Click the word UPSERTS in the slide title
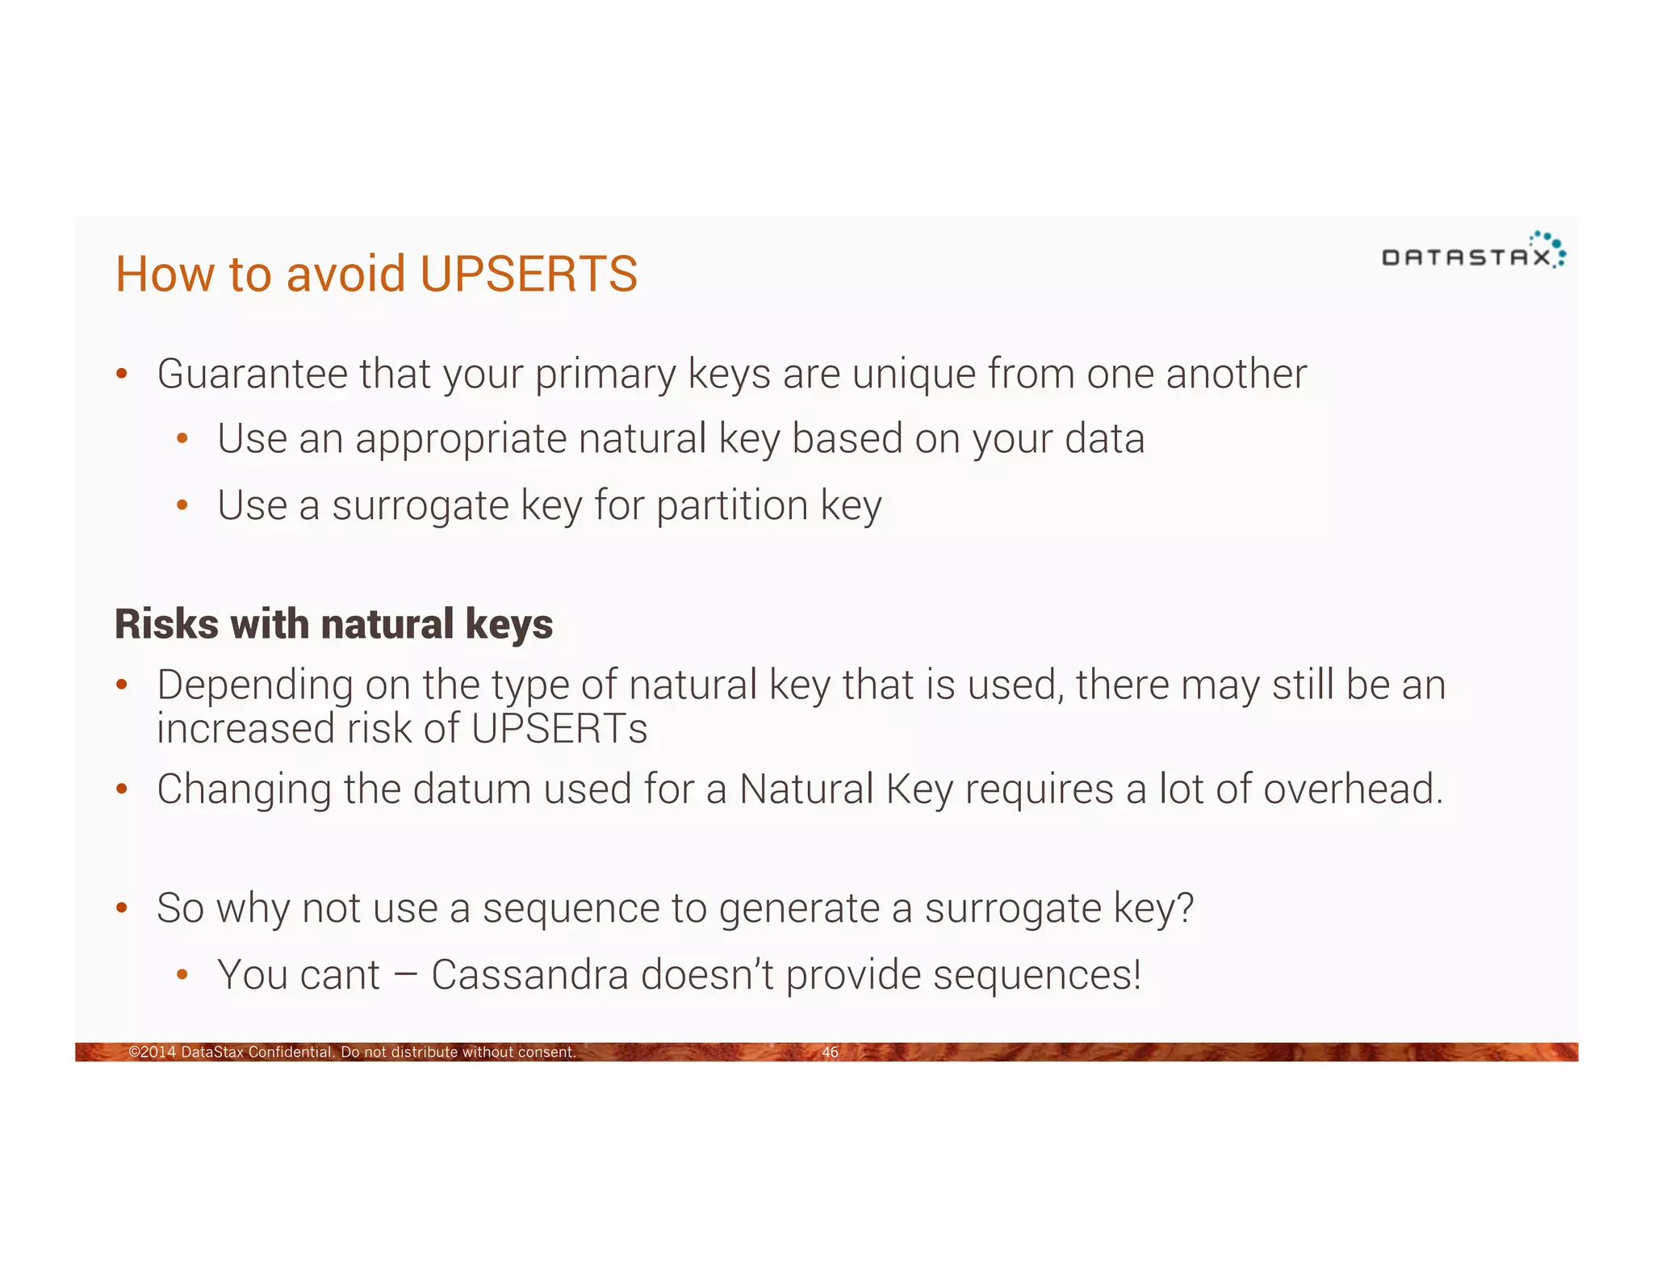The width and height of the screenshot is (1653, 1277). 529,274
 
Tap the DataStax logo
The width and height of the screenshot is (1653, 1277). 1472,252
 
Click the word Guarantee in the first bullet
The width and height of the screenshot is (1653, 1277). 252,375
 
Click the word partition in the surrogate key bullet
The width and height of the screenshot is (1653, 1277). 731,506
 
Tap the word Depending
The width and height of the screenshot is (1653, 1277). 254,685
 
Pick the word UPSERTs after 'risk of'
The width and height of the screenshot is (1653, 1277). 559,728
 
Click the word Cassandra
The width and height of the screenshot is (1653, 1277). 529,974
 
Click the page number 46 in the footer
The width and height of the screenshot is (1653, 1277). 830,1052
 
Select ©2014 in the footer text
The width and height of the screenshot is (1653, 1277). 153,1052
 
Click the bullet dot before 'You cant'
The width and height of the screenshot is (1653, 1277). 182,975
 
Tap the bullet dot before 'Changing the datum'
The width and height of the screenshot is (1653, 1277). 122,789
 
